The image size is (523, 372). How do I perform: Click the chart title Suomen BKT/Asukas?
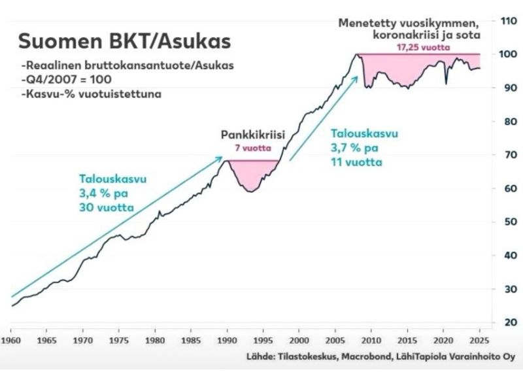pyautogui.click(x=124, y=41)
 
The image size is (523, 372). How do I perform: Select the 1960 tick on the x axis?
pyautogui.click(x=11, y=341)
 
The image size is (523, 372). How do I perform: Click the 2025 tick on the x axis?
pyautogui.click(x=479, y=341)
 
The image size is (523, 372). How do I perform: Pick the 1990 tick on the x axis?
pyautogui.click(x=226, y=341)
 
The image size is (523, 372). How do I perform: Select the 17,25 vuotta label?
pyautogui.click(x=418, y=48)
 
